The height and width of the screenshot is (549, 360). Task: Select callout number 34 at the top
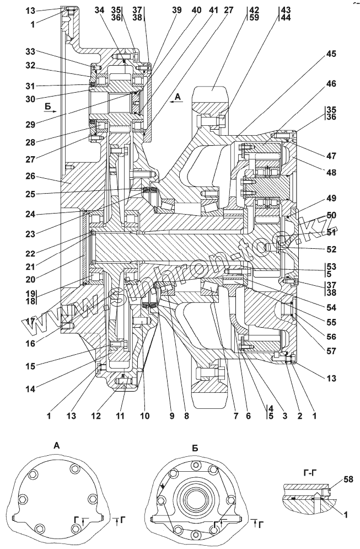[99, 10]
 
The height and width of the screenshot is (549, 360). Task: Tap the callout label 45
[331, 54]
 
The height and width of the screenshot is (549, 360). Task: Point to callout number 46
[331, 84]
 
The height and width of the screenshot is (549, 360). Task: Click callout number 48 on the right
[331, 173]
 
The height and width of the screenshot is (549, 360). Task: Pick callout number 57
[331, 351]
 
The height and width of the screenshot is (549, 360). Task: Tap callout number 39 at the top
[176, 10]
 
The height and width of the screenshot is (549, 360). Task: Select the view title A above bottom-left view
[57, 445]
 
